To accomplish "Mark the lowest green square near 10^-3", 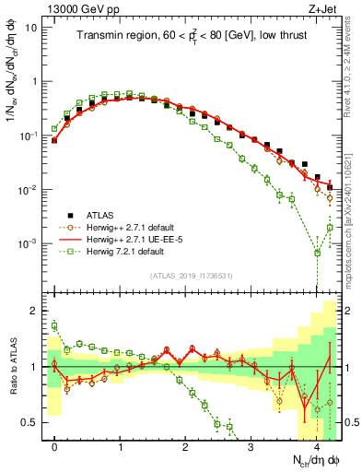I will point(317,252).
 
